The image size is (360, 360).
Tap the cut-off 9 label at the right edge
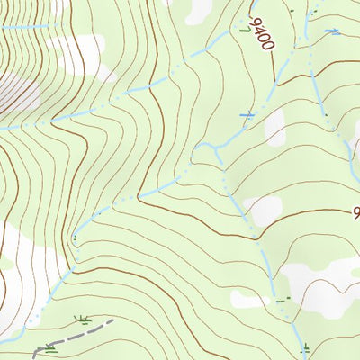pos(355,213)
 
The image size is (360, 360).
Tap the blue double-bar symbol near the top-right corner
pos(332,32)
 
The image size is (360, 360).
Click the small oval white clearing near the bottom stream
pos(248,300)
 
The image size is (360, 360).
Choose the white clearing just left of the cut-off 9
pos(264,211)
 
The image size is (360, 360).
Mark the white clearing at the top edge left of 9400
pos(200,11)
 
